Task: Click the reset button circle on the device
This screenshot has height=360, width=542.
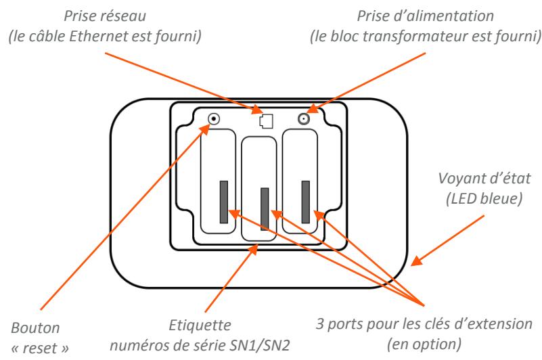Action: tap(214, 120)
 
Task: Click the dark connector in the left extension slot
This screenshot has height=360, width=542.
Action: tap(223, 202)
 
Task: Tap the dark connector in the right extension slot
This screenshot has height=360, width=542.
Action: tap(305, 202)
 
